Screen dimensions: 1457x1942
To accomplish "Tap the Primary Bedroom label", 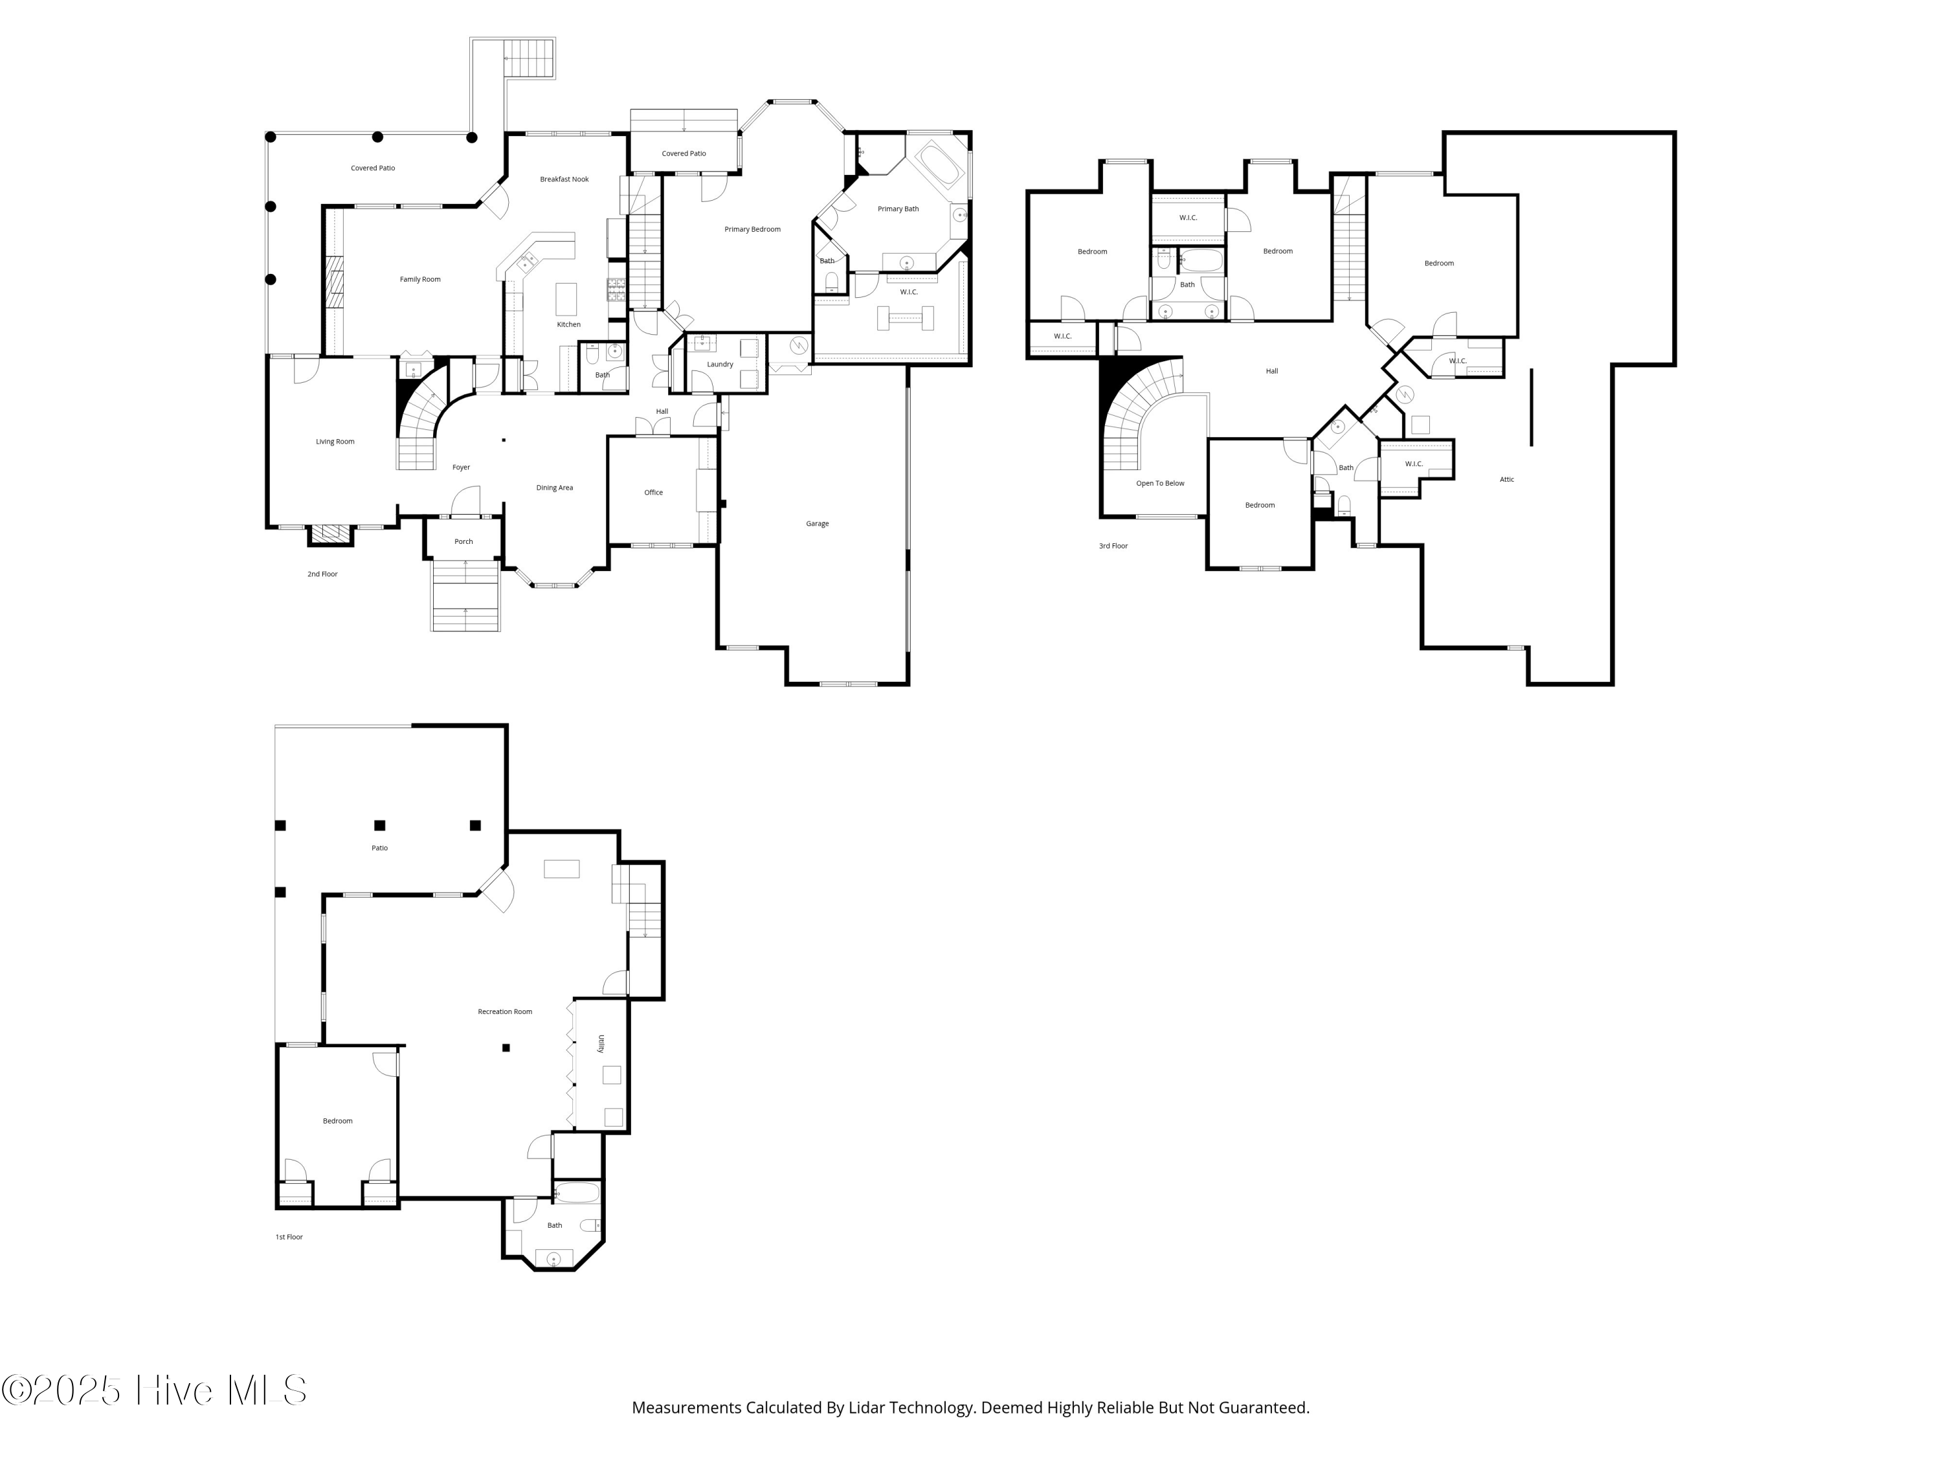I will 752,229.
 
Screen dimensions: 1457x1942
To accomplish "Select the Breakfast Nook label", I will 564,179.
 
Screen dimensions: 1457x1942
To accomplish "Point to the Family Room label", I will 419,279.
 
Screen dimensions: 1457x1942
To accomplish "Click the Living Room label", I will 335,442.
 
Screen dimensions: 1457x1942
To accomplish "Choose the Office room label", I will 653,493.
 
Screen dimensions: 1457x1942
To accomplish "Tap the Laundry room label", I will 719,365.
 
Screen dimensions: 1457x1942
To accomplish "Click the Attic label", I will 1506,480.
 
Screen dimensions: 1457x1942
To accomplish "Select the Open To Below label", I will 1160,483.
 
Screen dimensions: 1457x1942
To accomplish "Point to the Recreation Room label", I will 505,1011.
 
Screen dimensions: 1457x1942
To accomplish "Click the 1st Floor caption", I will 289,1237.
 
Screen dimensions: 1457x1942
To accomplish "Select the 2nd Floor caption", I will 322,574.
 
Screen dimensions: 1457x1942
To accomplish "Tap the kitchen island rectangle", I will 566,299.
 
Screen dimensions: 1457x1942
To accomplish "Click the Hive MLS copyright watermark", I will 153,1390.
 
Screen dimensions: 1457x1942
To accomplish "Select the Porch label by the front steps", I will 463,542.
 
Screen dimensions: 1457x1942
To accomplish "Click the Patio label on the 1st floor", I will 379,848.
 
